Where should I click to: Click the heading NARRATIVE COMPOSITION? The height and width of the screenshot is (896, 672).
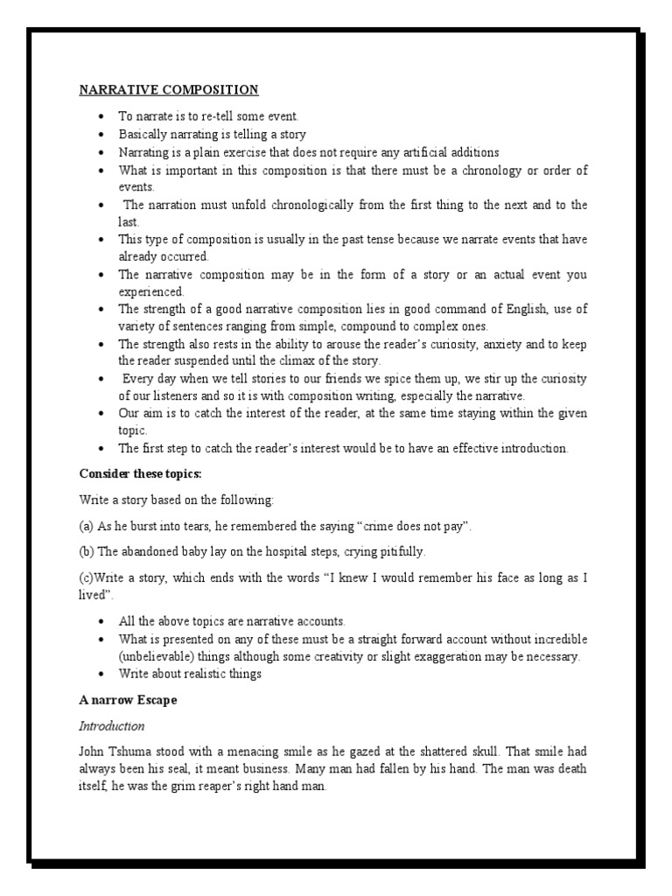pos(169,89)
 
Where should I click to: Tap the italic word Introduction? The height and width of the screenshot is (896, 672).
pos(112,726)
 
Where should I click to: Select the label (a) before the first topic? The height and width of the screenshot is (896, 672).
pos(87,526)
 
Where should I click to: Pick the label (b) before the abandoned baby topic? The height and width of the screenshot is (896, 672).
pos(87,551)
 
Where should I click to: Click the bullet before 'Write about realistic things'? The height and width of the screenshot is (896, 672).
pos(102,674)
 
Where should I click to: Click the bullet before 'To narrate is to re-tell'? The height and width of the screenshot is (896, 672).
pos(102,115)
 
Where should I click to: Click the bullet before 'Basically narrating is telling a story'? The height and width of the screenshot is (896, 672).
pos(102,134)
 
